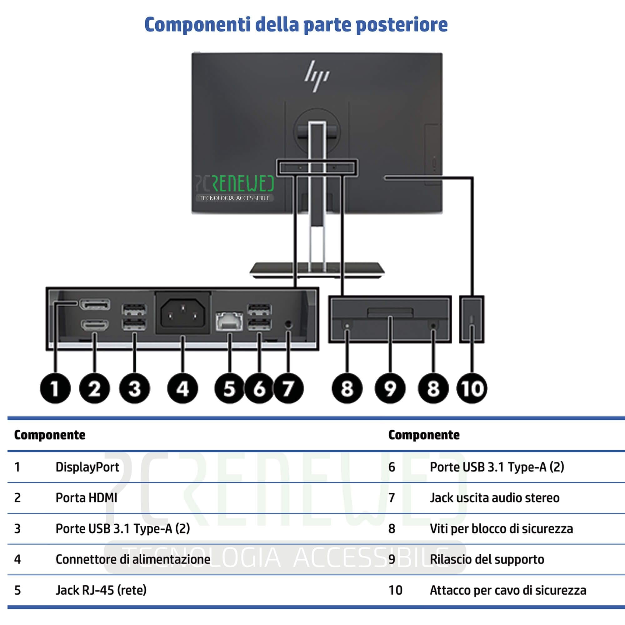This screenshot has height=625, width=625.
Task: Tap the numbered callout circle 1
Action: (55, 388)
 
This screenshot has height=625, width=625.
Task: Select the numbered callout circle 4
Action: (182, 388)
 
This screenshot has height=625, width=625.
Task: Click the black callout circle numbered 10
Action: (472, 388)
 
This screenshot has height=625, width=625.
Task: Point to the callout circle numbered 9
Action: (390, 388)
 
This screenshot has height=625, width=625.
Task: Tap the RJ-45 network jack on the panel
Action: (229, 321)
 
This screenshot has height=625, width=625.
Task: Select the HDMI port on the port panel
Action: (95, 325)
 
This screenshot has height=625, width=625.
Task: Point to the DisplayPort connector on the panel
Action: (95, 304)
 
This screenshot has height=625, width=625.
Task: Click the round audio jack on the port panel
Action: (289, 324)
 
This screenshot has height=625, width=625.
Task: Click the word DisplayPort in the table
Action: (87, 467)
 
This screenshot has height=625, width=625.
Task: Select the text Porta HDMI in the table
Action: (86, 497)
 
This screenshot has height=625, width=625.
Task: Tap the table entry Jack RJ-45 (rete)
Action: (101, 590)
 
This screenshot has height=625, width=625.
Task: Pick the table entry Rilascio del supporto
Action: (487, 559)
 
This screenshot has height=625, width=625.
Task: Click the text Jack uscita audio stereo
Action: (495, 497)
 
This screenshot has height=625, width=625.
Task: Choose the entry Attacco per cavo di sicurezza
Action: (508, 590)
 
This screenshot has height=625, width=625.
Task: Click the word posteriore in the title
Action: (402, 25)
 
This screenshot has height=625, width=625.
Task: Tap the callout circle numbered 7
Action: (288, 388)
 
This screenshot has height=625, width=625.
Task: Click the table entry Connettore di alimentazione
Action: (133, 559)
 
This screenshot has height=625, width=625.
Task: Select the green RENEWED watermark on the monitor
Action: (242, 183)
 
